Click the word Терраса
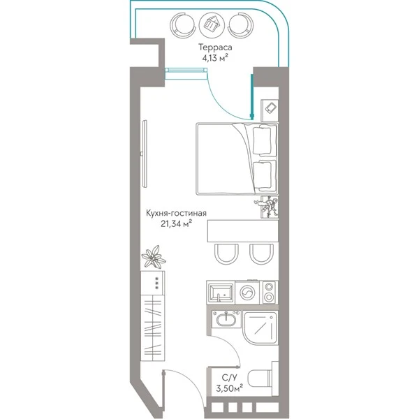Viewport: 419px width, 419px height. pyautogui.click(x=215, y=47)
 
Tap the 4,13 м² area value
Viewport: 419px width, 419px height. pyautogui.click(x=215, y=58)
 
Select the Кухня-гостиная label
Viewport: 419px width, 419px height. pyautogui.click(x=176, y=213)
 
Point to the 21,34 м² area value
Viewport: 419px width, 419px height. pyautogui.click(x=177, y=223)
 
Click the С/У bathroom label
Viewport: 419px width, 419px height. pyautogui.click(x=229, y=377)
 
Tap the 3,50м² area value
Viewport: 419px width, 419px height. pyautogui.click(x=229, y=388)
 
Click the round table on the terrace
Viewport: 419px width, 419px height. pyautogui.click(x=212, y=25)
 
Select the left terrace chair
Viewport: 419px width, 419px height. pyautogui.click(x=182, y=26)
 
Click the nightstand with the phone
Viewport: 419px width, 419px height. pyautogui.click(x=270, y=110)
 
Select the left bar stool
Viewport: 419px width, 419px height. pyautogui.click(x=226, y=254)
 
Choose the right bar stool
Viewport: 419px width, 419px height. pyautogui.click(x=261, y=254)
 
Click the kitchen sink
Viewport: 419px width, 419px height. pyautogui.click(x=221, y=293)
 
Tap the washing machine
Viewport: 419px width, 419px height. pyautogui.click(x=248, y=293)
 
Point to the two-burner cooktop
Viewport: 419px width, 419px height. pyautogui.click(x=269, y=292)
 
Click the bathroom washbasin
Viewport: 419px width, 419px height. pyautogui.click(x=226, y=319)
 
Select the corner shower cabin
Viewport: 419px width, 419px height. pyautogui.click(x=260, y=328)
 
